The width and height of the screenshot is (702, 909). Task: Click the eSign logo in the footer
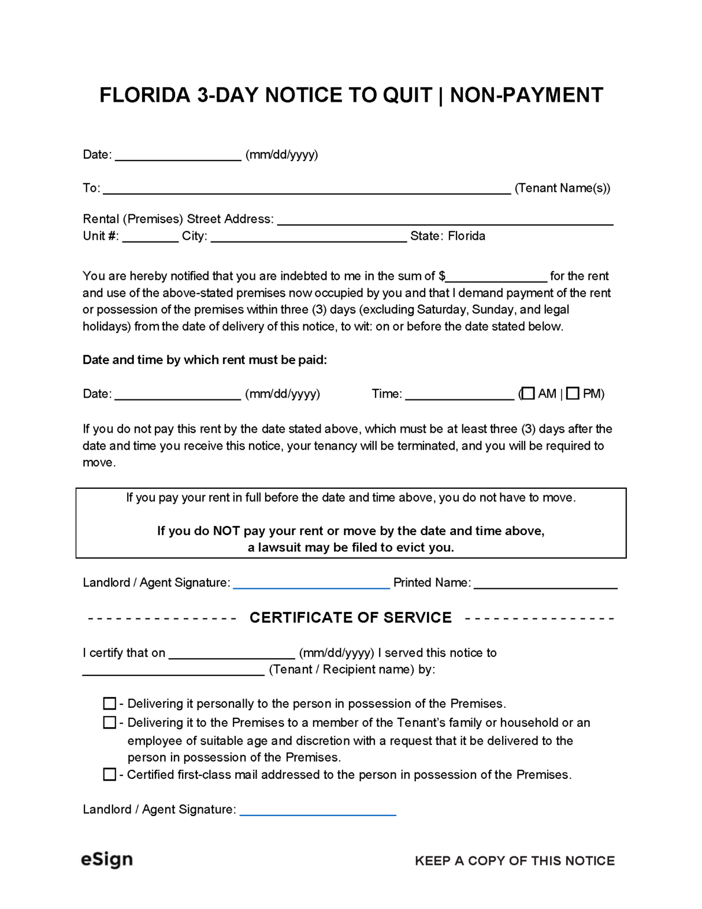pyautogui.click(x=107, y=859)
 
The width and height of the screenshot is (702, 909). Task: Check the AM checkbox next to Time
pyautogui.click(x=528, y=394)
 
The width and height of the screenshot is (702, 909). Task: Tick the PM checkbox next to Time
pyautogui.click(x=572, y=394)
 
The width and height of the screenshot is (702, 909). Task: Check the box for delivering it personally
pyautogui.click(x=109, y=704)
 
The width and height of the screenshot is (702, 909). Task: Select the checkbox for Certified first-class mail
pyautogui.click(x=109, y=775)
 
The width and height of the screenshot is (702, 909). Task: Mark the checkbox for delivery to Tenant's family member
pyautogui.click(x=109, y=723)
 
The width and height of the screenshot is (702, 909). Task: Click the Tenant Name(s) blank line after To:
pyautogui.click(x=306, y=189)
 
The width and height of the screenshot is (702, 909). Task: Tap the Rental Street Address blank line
pyautogui.click(x=445, y=220)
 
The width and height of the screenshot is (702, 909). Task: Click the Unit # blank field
pyautogui.click(x=150, y=237)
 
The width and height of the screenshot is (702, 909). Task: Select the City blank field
pyautogui.click(x=309, y=237)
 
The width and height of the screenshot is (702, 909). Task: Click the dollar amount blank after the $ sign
pyautogui.click(x=497, y=277)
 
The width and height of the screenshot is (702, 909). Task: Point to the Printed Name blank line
pyautogui.click(x=545, y=584)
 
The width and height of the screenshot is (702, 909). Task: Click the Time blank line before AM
pyautogui.click(x=460, y=395)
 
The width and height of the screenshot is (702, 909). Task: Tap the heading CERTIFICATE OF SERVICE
pyautogui.click(x=351, y=618)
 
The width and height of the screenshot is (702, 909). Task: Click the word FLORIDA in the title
pyautogui.click(x=145, y=95)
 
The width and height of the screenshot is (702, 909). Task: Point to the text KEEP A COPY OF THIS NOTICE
pyautogui.click(x=515, y=861)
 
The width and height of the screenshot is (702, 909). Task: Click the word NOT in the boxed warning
pyautogui.click(x=226, y=531)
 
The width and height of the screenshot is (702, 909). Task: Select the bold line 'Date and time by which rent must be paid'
pyautogui.click(x=205, y=360)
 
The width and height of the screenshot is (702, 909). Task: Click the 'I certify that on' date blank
pyautogui.click(x=232, y=654)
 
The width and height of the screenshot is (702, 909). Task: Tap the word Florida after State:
pyautogui.click(x=467, y=236)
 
